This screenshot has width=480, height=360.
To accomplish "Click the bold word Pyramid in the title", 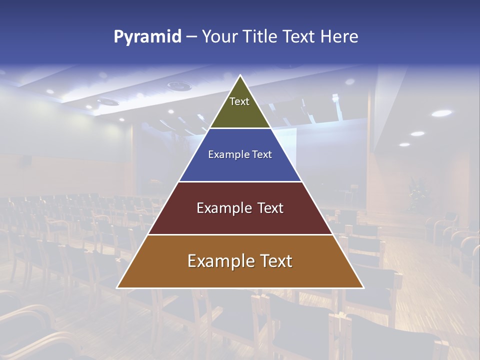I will click(x=147, y=37).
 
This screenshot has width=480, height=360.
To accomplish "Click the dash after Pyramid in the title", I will click(x=191, y=37).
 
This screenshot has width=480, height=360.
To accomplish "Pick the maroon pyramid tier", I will click(x=240, y=220).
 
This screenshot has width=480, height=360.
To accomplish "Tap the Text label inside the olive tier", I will click(x=239, y=101).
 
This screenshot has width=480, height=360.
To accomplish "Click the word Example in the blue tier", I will click(x=224, y=154).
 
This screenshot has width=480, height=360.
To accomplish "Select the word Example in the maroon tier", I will click(x=224, y=208).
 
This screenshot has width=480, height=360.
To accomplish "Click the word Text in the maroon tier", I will click(x=270, y=208).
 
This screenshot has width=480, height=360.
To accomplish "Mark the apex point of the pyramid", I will click(x=240, y=75).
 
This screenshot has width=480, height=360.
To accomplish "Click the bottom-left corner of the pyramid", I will click(x=117, y=287).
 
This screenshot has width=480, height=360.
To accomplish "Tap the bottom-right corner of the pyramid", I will click(x=363, y=287).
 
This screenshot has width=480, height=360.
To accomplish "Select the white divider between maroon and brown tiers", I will click(x=240, y=234).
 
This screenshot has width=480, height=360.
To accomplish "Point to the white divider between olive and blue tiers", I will click(x=240, y=128).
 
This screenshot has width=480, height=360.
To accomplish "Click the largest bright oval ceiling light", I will click(x=441, y=113).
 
